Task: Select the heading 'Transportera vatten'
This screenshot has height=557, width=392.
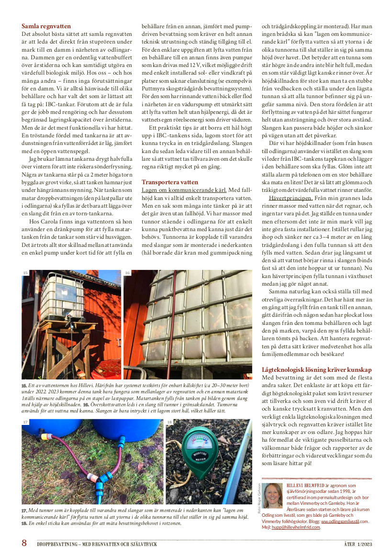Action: tap(169, 182)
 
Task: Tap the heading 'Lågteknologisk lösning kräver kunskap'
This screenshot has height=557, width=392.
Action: tap(316, 370)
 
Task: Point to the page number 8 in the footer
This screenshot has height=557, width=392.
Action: tap(24, 543)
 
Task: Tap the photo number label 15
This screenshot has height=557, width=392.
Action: tap(25, 273)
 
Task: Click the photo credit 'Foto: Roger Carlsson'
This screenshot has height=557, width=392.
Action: tap(259, 498)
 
